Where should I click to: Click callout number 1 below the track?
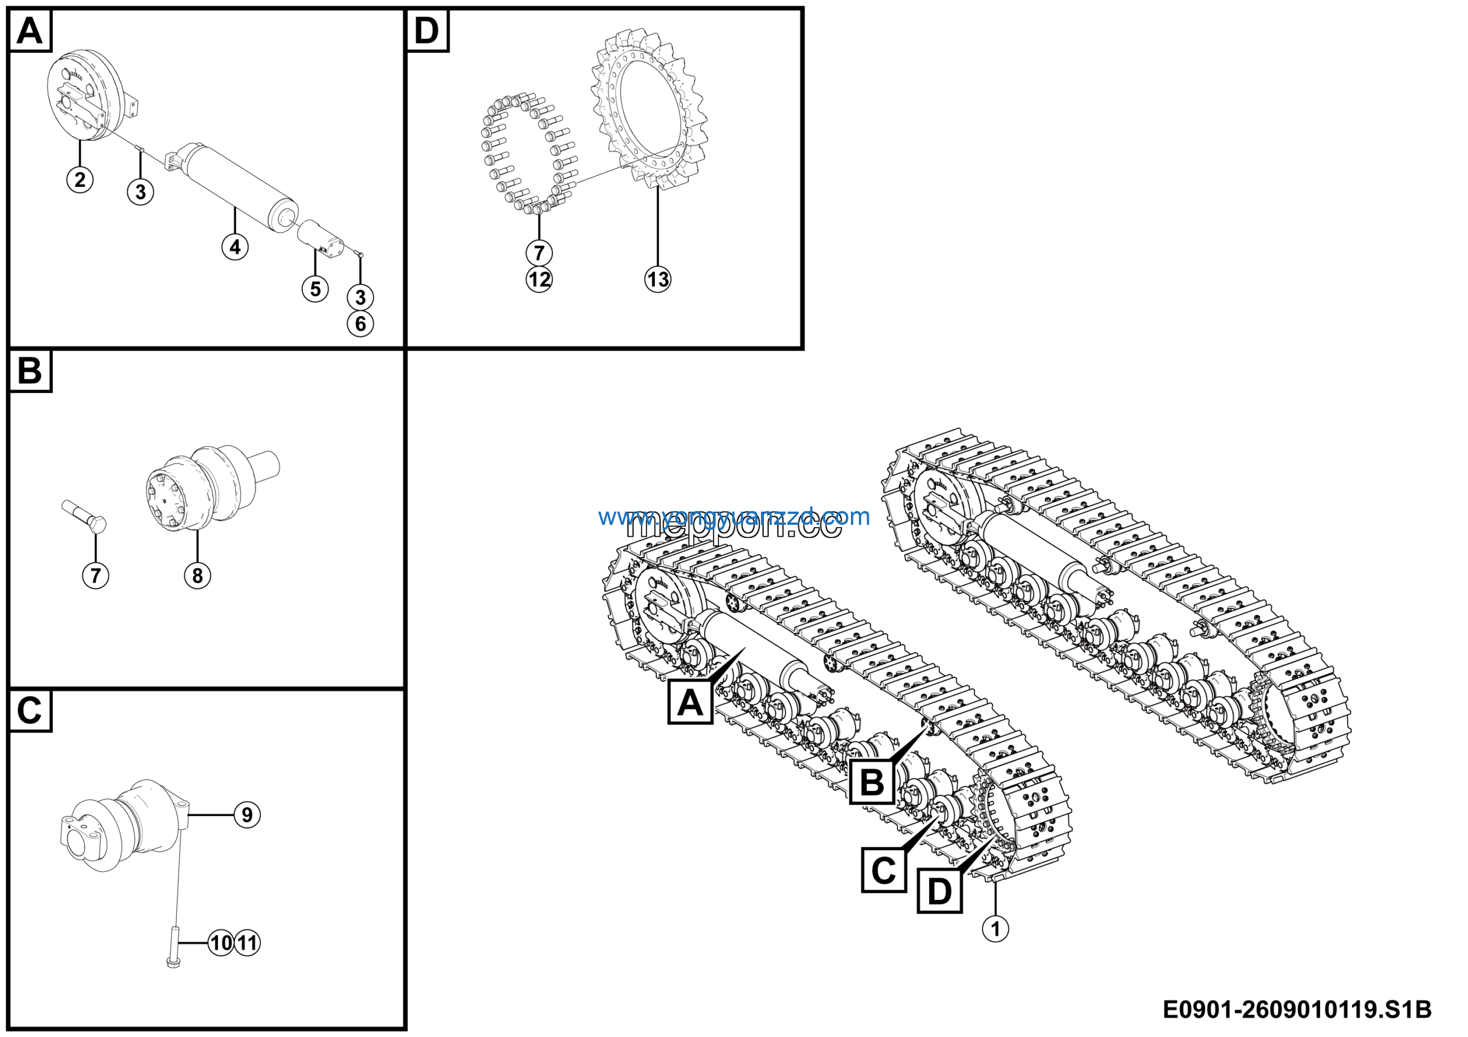[x=995, y=929]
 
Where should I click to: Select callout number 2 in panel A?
[x=80, y=179]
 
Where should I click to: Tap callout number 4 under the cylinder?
[x=235, y=247]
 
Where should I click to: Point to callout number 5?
[x=315, y=289]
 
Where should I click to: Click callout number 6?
[x=361, y=324]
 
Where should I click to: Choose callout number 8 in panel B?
[x=198, y=575]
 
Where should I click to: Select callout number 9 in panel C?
[x=247, y=815]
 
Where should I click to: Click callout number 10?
[x=221, y=943]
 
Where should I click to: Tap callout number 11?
[x=247, y=943]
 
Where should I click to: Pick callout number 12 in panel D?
[x=539, y=279]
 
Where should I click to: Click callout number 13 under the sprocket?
[x=657, y=279]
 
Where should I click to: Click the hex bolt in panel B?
[x=84, y=517]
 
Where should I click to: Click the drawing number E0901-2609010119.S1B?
[x=1296, y=1011]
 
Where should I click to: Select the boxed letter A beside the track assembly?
[x=690, y=703]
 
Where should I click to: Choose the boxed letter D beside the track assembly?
[x=939, y=891]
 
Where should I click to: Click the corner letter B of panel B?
[x=30, y=371]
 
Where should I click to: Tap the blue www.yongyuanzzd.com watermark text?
[x=733, y=517]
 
